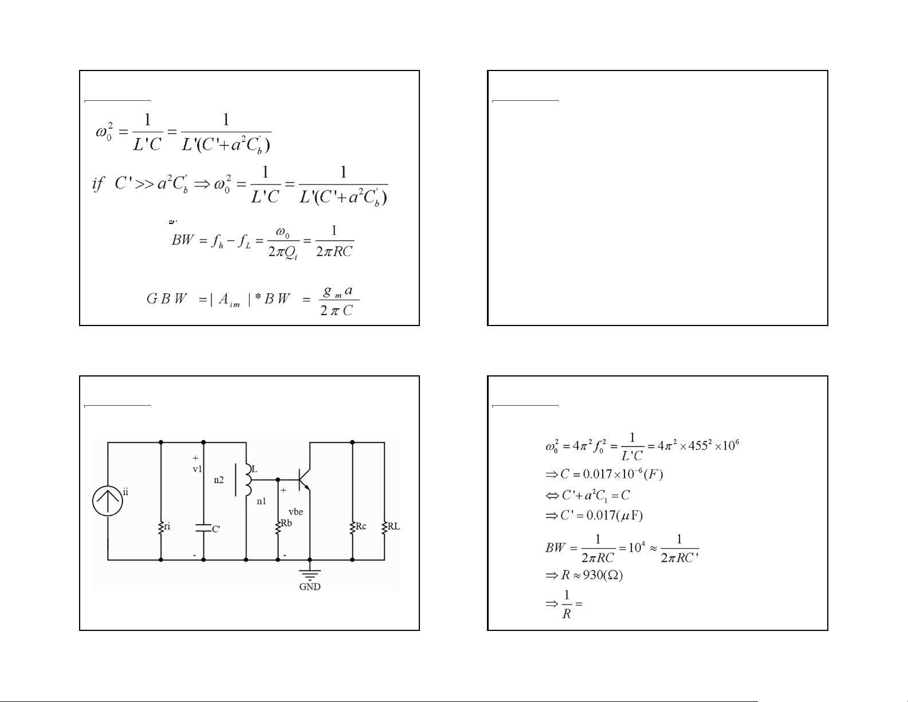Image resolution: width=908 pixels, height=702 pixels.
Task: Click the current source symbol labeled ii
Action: [108, 500]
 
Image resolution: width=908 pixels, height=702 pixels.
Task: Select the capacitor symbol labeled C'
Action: [203, 527]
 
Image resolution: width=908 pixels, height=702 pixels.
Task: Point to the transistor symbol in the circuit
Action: [304, 480]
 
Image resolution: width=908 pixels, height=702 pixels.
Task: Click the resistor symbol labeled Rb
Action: [278, 526]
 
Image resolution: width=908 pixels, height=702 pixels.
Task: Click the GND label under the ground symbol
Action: [310, 587]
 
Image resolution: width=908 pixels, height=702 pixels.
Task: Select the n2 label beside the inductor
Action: [219, 480]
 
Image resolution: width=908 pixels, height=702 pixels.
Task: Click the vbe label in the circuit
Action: [296, 512]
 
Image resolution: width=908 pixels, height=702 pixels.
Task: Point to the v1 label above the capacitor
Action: [197, 469]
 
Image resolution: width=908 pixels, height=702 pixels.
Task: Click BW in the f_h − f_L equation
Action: [183, 240]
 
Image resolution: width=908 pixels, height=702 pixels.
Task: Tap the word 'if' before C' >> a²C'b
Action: [99, 184]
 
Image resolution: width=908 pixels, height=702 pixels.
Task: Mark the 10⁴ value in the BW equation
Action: [637, 547]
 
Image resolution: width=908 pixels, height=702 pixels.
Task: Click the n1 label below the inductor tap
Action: [261, 501]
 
